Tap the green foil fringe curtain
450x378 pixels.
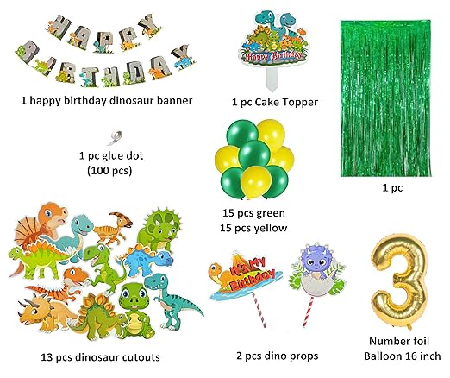(385, 98)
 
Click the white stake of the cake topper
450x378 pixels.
(272, 79)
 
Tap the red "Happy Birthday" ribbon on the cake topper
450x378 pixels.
(273, 56)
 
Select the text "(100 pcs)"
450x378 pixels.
(109, 171)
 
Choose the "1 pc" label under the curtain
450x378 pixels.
(392, 188)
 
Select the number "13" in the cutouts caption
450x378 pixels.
(47, 357)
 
